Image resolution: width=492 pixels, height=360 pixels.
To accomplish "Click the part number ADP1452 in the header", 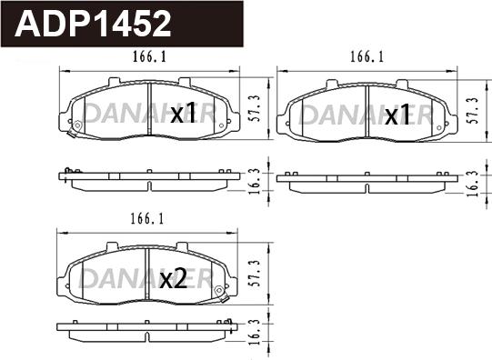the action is [x=93, y=24].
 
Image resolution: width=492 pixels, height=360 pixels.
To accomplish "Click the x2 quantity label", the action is [x=173, y=279].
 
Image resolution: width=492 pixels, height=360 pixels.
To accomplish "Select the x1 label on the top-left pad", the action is [x=183, y=114].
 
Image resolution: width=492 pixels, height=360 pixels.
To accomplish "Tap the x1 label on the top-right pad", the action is [x=397, y=115].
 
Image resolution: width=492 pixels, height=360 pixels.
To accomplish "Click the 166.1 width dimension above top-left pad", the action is [x=149, y=56].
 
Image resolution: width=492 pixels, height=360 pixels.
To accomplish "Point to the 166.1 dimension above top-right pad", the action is [x=366, y=56].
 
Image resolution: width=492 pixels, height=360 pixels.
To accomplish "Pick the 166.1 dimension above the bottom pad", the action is [x=147, y=218].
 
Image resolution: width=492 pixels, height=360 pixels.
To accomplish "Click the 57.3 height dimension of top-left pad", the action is [x=256, y=108].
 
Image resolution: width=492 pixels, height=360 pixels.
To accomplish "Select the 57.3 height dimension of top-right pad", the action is [x=473, y=110].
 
